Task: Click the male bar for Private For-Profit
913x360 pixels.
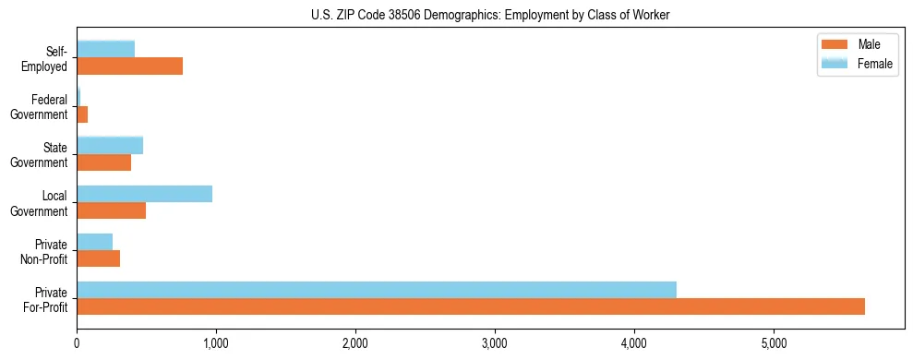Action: coord(471,306)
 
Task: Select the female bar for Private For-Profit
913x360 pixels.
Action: coord(377,289)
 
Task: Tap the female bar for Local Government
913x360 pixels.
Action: coord(144,193)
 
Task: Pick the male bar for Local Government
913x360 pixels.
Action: coord(111,210)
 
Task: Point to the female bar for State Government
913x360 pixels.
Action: coord(110,145)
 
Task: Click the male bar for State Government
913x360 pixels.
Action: coord(103,162)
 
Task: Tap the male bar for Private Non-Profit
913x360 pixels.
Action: coord(98,258)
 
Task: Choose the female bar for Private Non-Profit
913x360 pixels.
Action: coord(94,241)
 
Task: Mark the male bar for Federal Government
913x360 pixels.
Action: coord(82,114)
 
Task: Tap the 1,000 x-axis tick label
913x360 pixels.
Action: coord(216,343)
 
